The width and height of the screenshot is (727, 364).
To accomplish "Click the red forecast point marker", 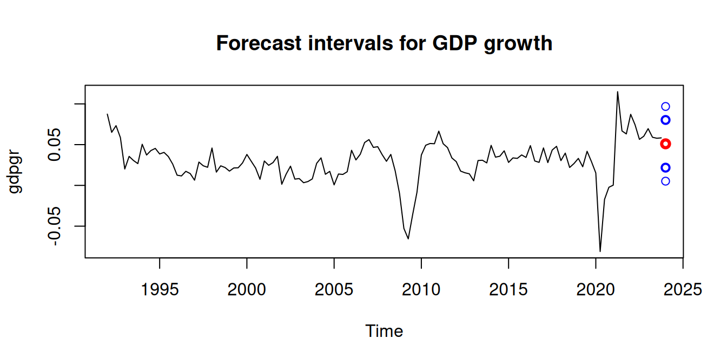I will pyautogui.click(x=665, y=144).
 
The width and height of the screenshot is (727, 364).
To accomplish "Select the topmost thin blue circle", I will pyautogui.click(x=665, y=107).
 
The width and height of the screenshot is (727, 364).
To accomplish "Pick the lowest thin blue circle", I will pyautogui.click(x=665, y=181).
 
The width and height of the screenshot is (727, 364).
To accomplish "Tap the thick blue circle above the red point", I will pyautogui.click(x=665, y=120).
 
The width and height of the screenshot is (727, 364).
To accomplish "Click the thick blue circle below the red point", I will pyautogui.click(x=665, y=167).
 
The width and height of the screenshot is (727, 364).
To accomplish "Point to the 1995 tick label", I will pyautogui.click(x=160, y=290).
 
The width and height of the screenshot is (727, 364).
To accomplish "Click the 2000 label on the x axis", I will pyautogui.click(x=247, y=290).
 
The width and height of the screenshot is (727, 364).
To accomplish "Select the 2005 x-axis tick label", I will pyautogui.click(x=334, y=290).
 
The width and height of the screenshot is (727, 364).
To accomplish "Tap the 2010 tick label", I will pyautogui.click(x=421, y=290).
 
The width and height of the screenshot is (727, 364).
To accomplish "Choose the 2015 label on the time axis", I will pyautogui.click(x=508, y=290).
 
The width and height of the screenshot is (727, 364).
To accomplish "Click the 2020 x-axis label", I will pyautogui.click(x=596, y=290).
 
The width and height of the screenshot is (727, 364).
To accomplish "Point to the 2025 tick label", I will pyautogui.click(x=683, y=290).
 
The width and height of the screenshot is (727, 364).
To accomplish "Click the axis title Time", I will pyautogui.click(x=384, y=331).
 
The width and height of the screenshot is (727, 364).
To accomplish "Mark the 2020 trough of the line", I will pyautogui.click(x=600, y=251).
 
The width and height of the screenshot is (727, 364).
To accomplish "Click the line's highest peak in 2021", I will pyautogui.click(x=618, y=92).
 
